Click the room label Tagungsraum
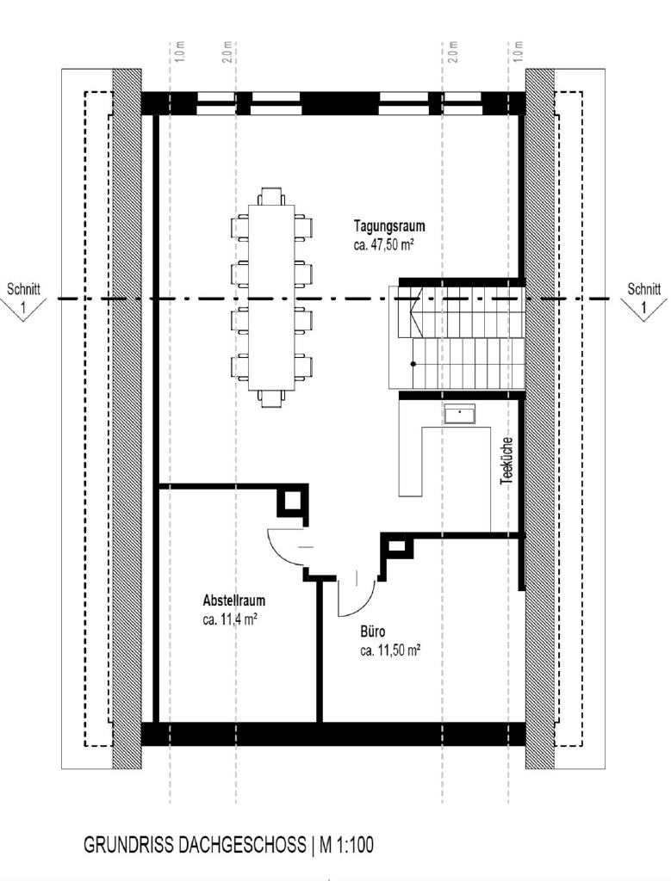(389, 226)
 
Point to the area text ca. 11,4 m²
(230, 618)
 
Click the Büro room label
(372, 632)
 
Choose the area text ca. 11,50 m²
(390, 650)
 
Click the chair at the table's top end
(270, 194)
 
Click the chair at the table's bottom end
(270, 397)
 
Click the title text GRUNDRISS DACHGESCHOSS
(195, 846)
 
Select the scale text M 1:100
(347, 846)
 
